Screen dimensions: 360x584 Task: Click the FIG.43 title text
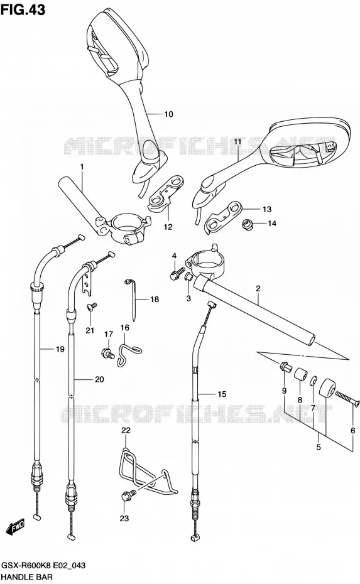23,9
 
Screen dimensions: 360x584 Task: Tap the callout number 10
169,114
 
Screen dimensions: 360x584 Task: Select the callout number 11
237,141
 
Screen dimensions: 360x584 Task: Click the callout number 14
272,224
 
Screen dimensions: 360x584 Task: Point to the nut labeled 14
246,225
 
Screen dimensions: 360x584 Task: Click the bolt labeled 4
177,273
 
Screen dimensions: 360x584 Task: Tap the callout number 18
155,300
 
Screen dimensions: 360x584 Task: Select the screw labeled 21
91,306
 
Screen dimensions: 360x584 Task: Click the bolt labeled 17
107,352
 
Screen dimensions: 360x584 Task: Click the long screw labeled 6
347,398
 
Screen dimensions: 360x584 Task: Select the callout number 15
222,394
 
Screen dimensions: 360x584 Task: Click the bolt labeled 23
128,495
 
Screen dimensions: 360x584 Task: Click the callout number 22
126,430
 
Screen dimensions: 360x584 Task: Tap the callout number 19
60,349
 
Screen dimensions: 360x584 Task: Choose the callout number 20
99,379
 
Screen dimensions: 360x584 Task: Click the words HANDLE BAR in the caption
27,577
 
